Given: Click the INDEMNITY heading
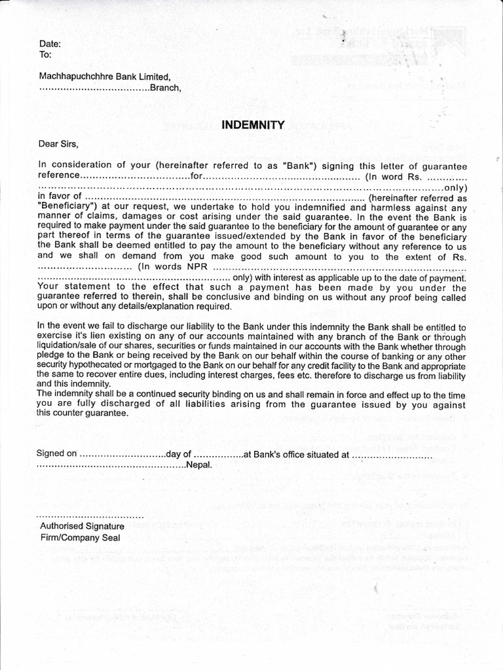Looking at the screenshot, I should [x=253, y=125].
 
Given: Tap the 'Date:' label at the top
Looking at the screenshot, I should [x=50, y=44].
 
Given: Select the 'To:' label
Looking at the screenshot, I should [x=46, y=55].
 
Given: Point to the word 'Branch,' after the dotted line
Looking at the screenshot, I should [x=165, y=88].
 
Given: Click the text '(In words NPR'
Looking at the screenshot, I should [x=174, y=267].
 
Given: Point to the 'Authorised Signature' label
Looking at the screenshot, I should [x=82, y=526].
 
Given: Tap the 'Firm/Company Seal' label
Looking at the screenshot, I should [x=80, y=538].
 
